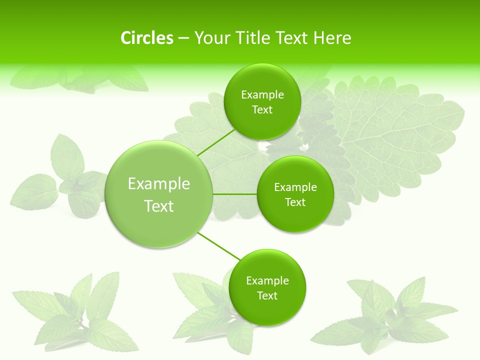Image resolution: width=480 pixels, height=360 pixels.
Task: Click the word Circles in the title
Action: click(146, 38)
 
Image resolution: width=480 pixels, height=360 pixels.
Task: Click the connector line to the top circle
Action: click(216, 142)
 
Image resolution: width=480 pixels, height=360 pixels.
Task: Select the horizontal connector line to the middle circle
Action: click(235, 194)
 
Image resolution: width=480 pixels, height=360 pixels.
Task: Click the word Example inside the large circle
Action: click(159, 184)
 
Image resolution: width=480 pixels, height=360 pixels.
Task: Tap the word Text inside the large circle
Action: click(159, 206)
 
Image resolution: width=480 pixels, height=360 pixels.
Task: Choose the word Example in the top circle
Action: click(262, 95)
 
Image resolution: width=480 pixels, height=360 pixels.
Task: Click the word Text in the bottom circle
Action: click(267, 295)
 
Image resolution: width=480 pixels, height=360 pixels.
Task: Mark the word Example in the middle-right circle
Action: click(295, 187)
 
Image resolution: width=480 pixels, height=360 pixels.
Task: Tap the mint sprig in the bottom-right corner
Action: click(390, 315)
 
